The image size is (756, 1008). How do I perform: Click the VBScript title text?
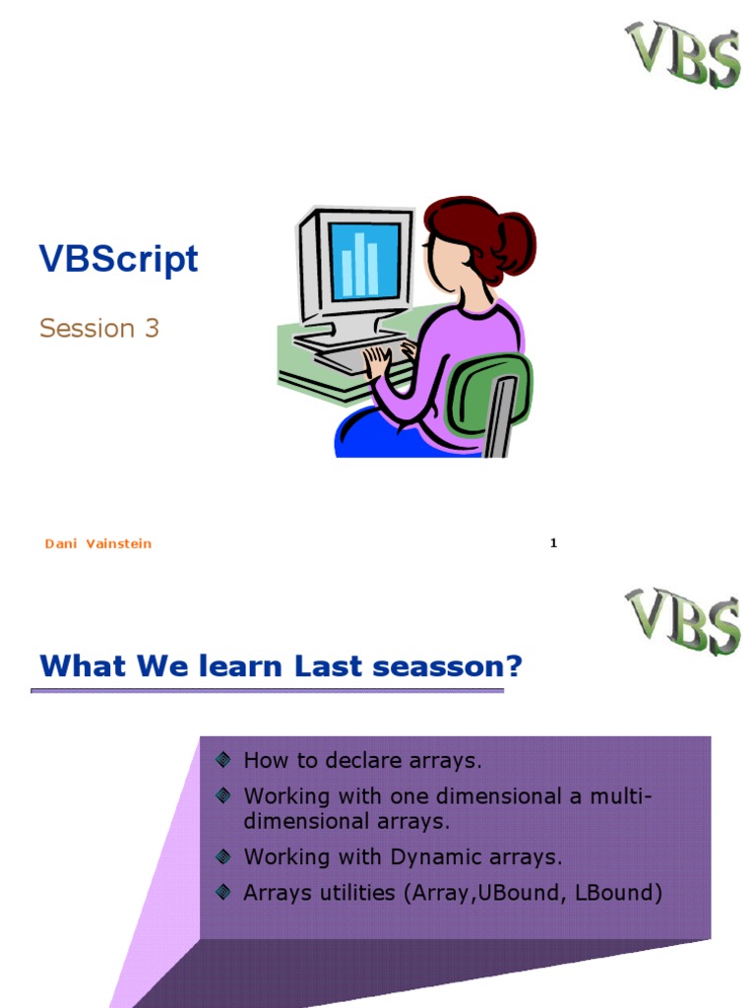118,259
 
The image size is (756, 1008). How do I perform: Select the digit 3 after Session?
152,328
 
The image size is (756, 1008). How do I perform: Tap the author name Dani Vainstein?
98,543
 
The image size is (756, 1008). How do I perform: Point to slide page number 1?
553,543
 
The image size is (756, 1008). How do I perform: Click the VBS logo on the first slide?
683,54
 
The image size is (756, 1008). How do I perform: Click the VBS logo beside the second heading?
683,621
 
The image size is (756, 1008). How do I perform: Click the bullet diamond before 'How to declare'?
223,760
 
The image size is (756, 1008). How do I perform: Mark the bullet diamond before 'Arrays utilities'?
223,892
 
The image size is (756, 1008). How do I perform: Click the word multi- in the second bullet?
620,796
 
